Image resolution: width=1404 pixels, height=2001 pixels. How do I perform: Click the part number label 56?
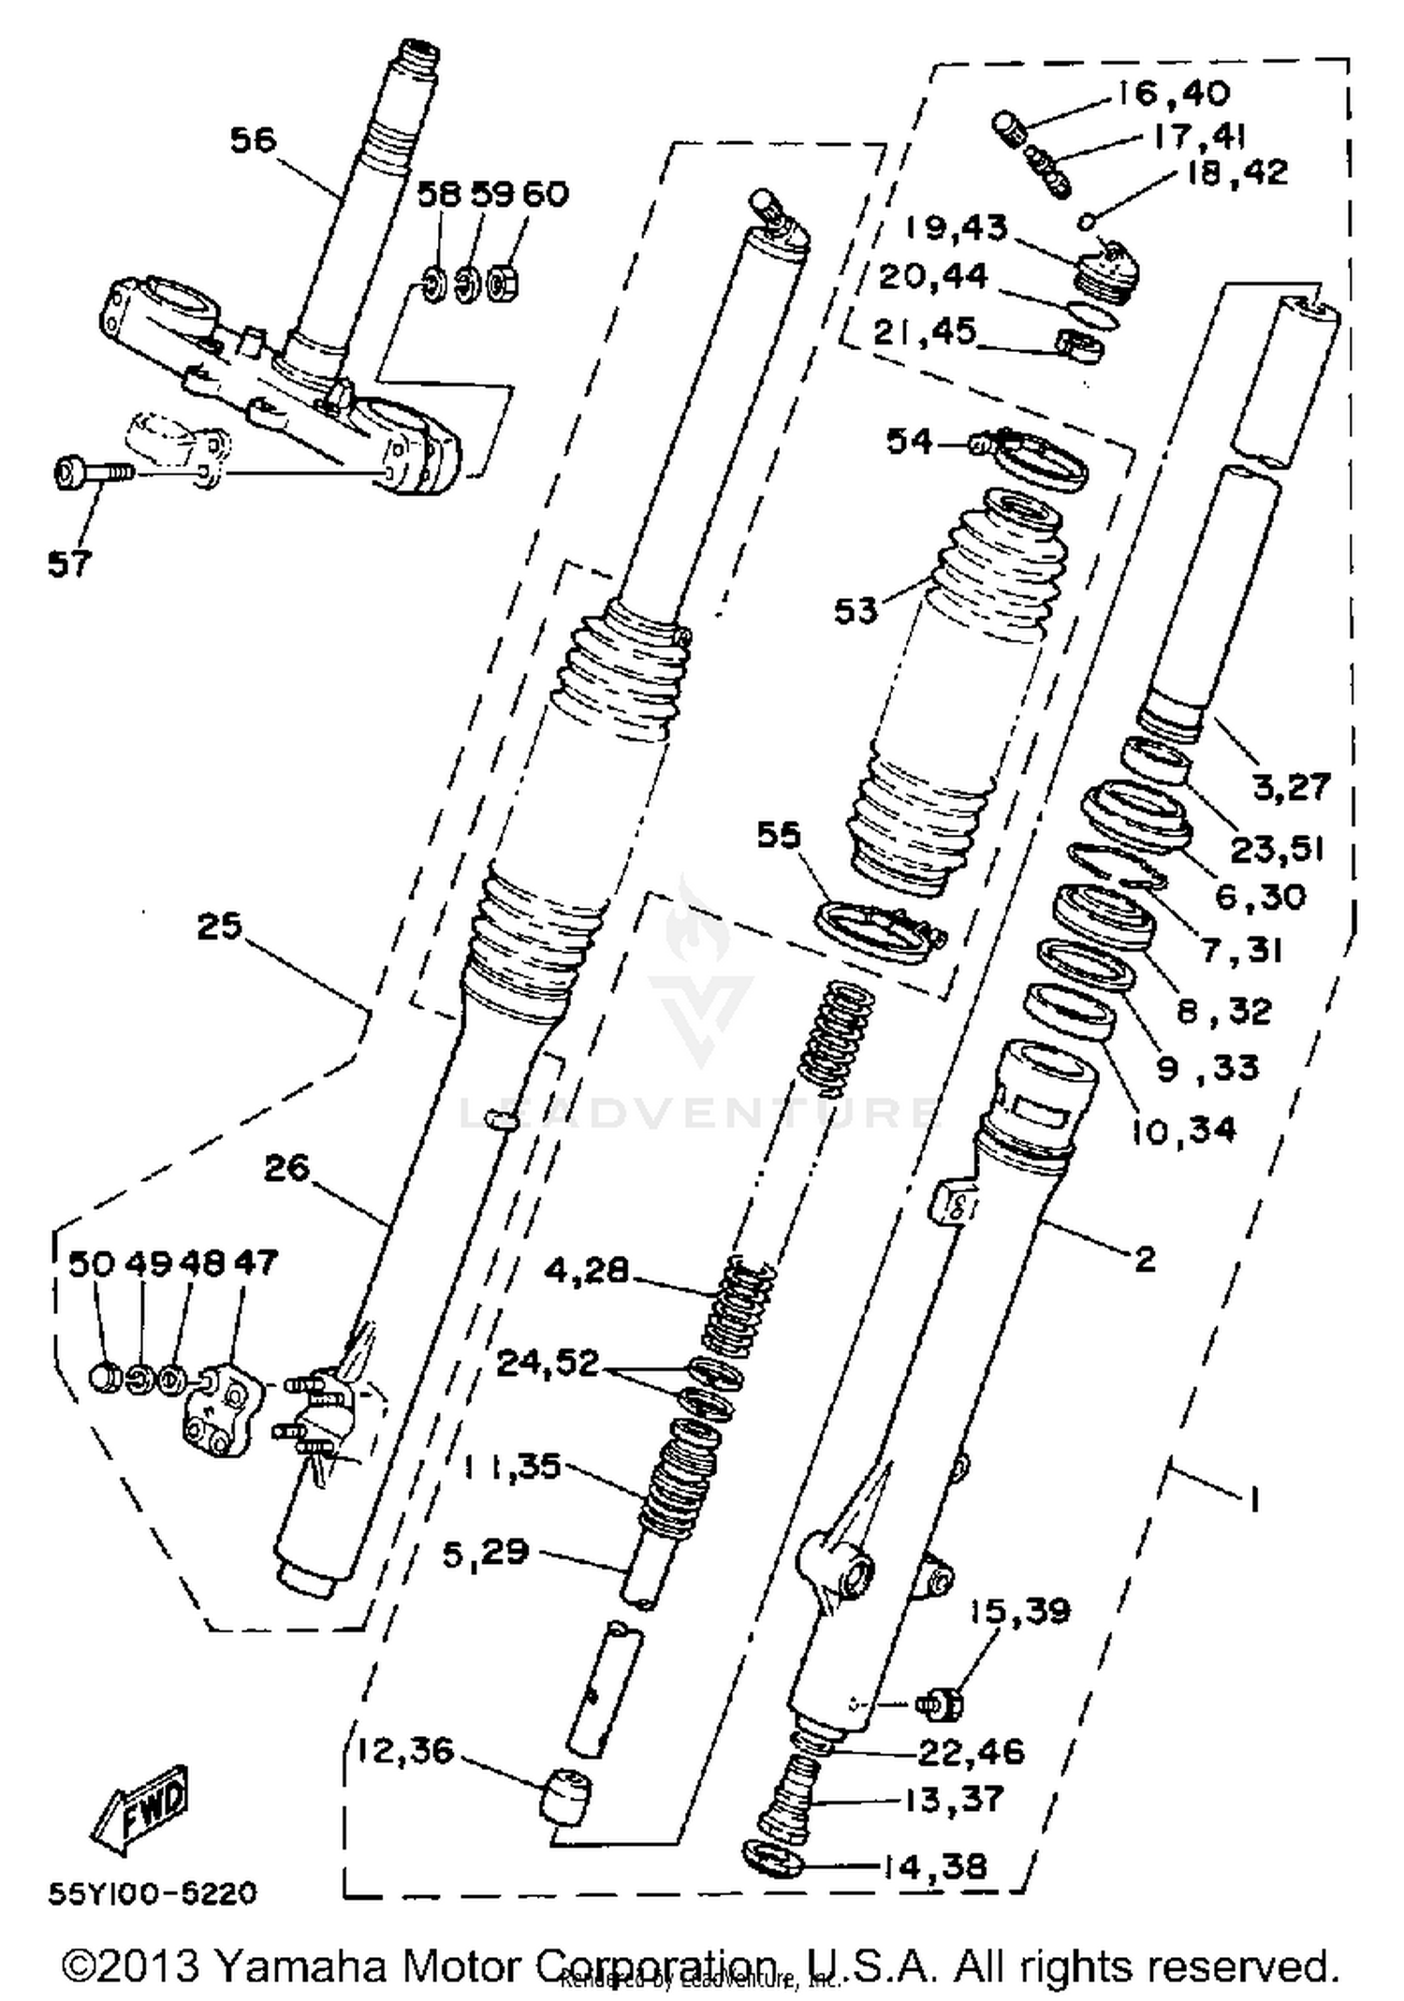(254, 140)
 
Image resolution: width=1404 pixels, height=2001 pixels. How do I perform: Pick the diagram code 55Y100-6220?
(152, 1893)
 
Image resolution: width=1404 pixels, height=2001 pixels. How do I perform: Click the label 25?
(219, 927)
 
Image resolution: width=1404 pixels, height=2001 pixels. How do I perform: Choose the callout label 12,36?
(404, 1749)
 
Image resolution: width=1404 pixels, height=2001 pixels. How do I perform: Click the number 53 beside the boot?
(856, 611)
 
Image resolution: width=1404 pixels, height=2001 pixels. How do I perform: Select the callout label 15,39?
(1018, 1611)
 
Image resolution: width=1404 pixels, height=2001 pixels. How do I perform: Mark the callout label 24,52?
(548, 1363)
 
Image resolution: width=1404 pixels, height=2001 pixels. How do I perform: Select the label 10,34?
(1183, 1130)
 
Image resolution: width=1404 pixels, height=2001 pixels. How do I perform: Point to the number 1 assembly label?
(1252, 1500)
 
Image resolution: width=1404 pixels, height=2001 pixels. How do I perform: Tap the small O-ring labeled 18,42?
(1087, 222)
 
